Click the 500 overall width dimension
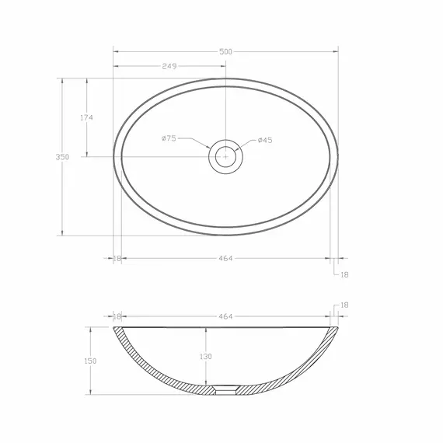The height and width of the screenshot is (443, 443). coord(225,52)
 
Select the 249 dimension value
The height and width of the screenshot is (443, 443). coord(169,66)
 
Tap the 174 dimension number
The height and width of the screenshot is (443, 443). coord(86,117)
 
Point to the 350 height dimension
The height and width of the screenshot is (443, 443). coord(62,157)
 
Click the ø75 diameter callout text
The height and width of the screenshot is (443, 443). coord(169,138)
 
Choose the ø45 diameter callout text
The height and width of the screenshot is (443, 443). coord(265,140)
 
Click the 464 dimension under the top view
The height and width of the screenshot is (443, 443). coord(225,258)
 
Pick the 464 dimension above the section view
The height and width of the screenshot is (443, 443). coord(225,316)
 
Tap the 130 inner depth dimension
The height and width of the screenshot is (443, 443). coord(206,357)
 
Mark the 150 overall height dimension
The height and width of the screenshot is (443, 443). coord(90,361)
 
